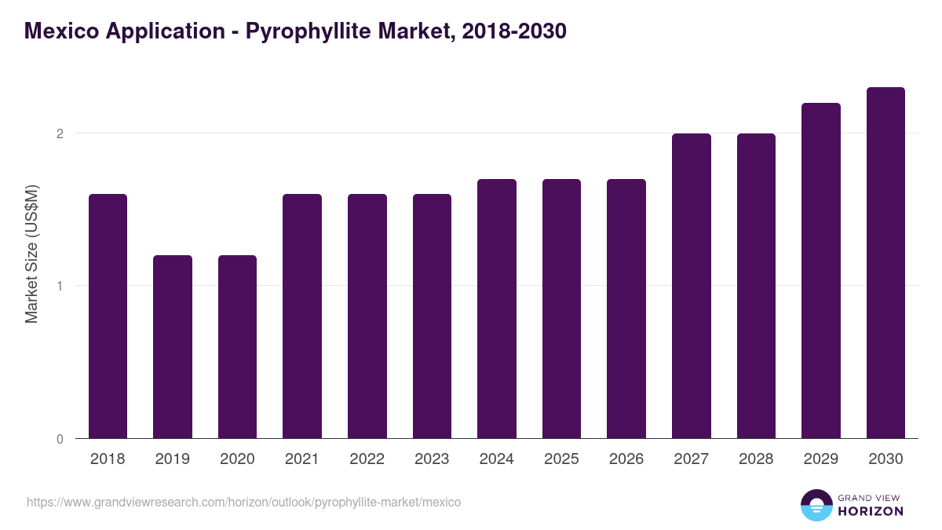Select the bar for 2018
tap(108, 316)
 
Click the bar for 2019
tap(173, 346)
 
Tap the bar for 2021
tap(302, 316)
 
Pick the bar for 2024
tap(497, 309)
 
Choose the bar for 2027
tap(692, 286)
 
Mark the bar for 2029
tap(821, 270)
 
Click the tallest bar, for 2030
tap(885, 262)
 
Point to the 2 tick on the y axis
tap(59, 133)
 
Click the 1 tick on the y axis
tap(59, 286)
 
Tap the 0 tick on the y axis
tap(59, 439)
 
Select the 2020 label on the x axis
tap(237, 459)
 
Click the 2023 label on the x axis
tap(432, 459)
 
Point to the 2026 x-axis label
tap(626, 459)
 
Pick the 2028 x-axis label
tap(756, 459)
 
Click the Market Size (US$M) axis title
tap(31, 254)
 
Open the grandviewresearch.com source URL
tap(243, 502)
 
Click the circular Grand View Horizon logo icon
tap(816, 505)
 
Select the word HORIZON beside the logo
tap(870, 511)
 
